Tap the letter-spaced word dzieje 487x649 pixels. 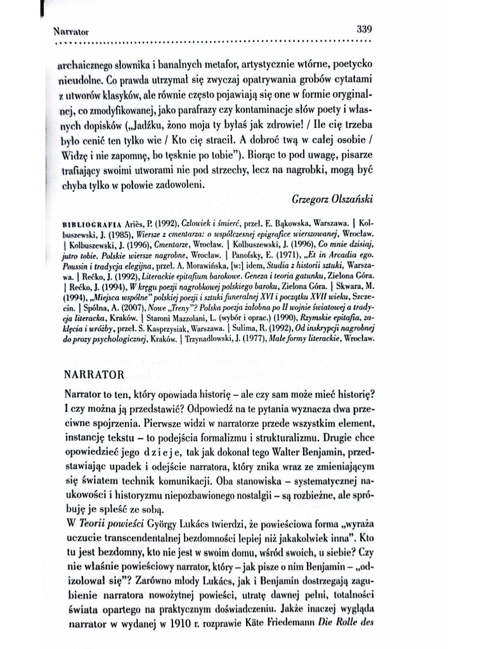tap(145, 455)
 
